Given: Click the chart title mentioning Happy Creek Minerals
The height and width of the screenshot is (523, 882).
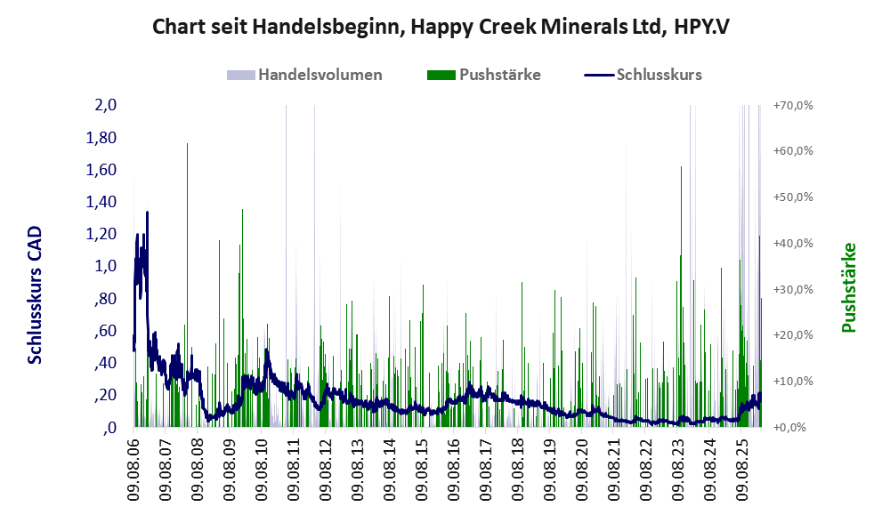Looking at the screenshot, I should point(441,26).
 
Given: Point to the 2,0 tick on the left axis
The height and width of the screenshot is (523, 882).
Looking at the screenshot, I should point(106,106).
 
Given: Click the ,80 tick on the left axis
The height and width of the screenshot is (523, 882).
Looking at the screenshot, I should point(105,298).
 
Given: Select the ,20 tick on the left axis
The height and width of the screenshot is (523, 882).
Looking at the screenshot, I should point(105,395).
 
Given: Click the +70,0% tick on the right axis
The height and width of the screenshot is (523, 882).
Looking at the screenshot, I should point(792,106).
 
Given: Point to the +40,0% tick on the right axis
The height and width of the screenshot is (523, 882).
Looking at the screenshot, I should point(792,244).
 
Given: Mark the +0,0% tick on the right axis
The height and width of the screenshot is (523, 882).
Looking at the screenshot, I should point(789,428).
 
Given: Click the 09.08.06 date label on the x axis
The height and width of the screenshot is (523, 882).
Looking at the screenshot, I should point(134,470).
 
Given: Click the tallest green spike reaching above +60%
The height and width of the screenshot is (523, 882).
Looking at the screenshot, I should point(187,147).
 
